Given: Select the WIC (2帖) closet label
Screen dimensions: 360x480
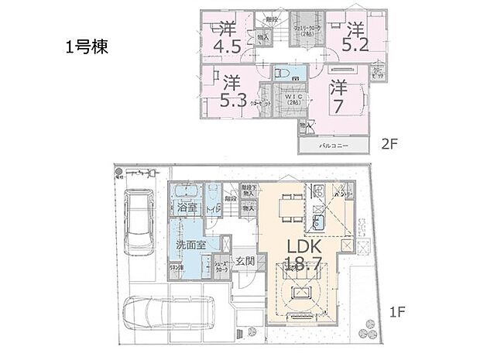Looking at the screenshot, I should pos(292,98).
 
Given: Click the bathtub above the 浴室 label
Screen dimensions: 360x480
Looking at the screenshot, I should pos(186,193).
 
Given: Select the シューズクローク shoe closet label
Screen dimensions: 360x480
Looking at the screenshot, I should pos(221,266).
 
